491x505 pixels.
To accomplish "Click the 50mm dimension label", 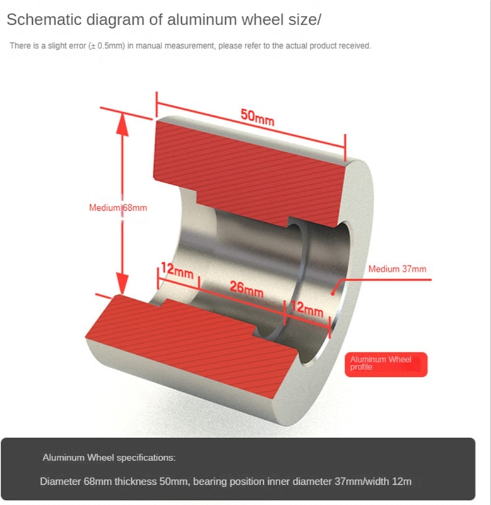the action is [257, 117].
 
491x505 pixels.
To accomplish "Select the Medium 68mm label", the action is [118, 208].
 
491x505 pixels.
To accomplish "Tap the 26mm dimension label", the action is [247, 288].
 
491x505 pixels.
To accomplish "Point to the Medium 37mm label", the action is [398, 269].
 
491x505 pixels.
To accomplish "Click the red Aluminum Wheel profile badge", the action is [386, 364].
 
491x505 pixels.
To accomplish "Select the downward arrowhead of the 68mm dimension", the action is [122, 283].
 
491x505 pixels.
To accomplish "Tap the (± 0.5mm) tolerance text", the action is [106, 45].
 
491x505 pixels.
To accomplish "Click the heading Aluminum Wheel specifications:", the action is [109, 458].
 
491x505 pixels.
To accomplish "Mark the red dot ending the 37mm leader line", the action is [333, 294].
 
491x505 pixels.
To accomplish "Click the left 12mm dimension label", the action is [177, 271].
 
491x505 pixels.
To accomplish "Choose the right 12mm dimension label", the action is [307, 309].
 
